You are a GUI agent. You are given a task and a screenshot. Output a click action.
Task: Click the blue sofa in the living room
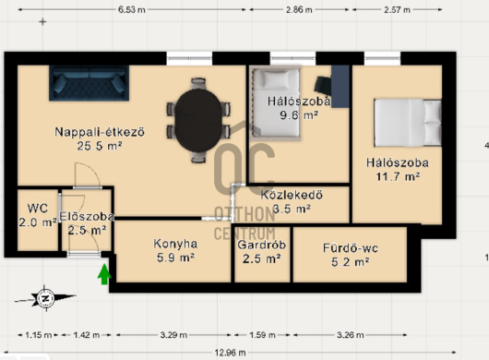89,83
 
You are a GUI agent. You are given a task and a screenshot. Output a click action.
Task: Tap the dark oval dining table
198,120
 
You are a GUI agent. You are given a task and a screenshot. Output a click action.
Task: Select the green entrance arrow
104,274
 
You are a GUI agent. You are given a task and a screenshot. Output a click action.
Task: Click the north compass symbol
45,298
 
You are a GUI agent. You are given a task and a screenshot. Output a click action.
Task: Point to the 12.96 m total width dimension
230,353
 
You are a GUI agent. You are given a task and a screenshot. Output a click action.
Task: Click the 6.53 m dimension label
132,9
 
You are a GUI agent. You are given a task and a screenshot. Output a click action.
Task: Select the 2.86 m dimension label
299,9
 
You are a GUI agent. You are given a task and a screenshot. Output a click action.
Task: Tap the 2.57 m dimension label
397,9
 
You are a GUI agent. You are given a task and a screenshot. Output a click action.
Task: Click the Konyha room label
175,244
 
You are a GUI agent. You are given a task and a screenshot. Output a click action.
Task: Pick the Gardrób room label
262,245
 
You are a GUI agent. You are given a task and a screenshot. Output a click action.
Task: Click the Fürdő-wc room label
351,248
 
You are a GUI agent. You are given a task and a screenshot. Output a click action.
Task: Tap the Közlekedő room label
292,195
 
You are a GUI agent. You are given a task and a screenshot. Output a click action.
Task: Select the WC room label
38,208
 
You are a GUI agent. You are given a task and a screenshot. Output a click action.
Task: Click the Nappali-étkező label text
100,132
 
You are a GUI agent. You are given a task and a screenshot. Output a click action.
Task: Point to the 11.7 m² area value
398,177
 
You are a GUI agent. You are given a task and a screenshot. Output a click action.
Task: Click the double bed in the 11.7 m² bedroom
408,123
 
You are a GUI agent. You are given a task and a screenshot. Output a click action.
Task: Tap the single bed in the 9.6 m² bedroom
276,103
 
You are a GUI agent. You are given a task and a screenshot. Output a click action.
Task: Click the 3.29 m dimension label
173,335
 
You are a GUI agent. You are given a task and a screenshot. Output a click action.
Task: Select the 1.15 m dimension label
39,335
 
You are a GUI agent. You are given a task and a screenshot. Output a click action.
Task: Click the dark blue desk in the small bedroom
340,87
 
